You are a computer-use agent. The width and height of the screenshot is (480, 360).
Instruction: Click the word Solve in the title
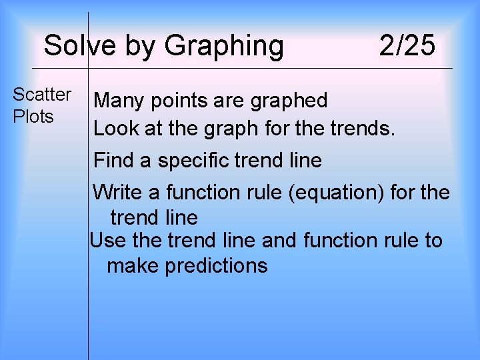click(70, 46)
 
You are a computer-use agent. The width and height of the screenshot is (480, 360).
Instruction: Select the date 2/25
click(407, 46)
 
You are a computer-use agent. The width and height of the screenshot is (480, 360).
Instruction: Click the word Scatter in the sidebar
click(42, 95)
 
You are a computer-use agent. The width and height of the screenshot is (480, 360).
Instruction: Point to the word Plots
click(33, 116)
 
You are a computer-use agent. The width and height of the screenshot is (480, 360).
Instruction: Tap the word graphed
click(289, 101)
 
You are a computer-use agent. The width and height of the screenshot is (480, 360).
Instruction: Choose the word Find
click(113, 161)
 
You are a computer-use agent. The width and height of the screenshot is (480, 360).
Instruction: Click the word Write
click(117, 193)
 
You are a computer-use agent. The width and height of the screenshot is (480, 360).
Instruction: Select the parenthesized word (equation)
click(342, 193)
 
